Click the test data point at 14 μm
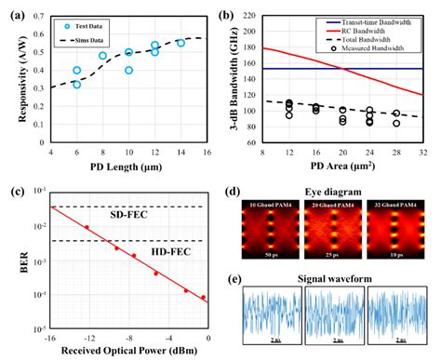point(180,44)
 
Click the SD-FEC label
point(101,216)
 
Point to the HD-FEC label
point(101,249)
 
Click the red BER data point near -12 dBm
point(87,227)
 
